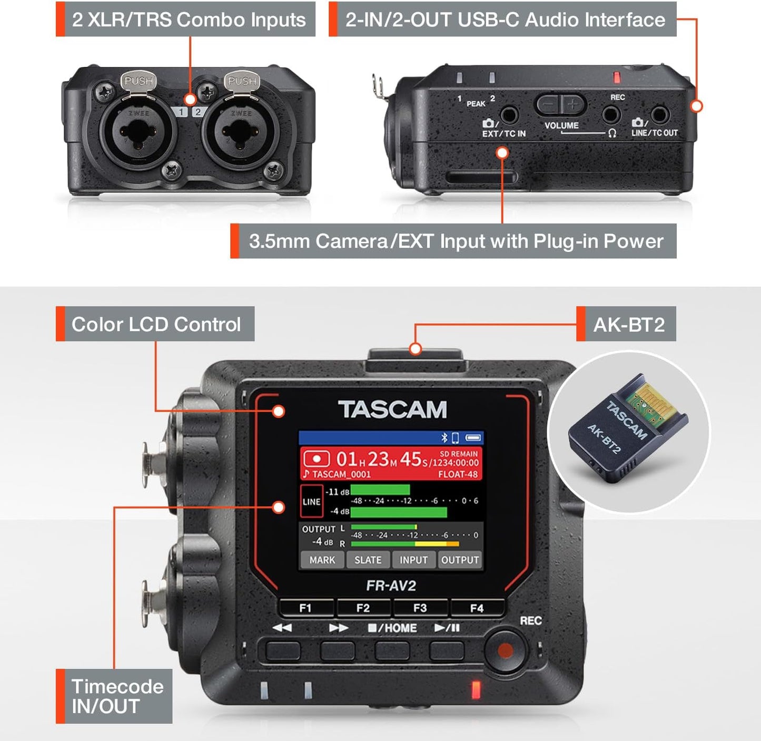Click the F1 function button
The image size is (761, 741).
tap(305, 608)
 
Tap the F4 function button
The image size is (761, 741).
tap(477, 608)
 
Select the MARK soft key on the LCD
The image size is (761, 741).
tap(322, 560)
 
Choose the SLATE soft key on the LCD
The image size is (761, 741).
tap(368, 560)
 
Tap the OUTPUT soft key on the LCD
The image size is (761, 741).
tap(460, 560)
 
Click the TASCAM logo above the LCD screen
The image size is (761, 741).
tap(392, 409)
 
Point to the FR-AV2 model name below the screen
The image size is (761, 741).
tap(391, 586)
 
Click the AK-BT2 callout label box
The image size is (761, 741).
tap(628, 324)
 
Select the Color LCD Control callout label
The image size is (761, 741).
tap(155, 324)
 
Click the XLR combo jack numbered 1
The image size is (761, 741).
tap(139, 132)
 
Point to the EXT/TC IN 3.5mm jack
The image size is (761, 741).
tap(509, 115)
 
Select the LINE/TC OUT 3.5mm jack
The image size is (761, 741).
tap(659, 114)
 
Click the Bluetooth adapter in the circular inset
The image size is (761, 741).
tap(628, 430)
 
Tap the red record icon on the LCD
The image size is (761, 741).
tap(317, 459)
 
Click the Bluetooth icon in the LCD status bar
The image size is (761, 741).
tap(444, 437)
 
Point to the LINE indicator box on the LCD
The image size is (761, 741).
tap(311, 502)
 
